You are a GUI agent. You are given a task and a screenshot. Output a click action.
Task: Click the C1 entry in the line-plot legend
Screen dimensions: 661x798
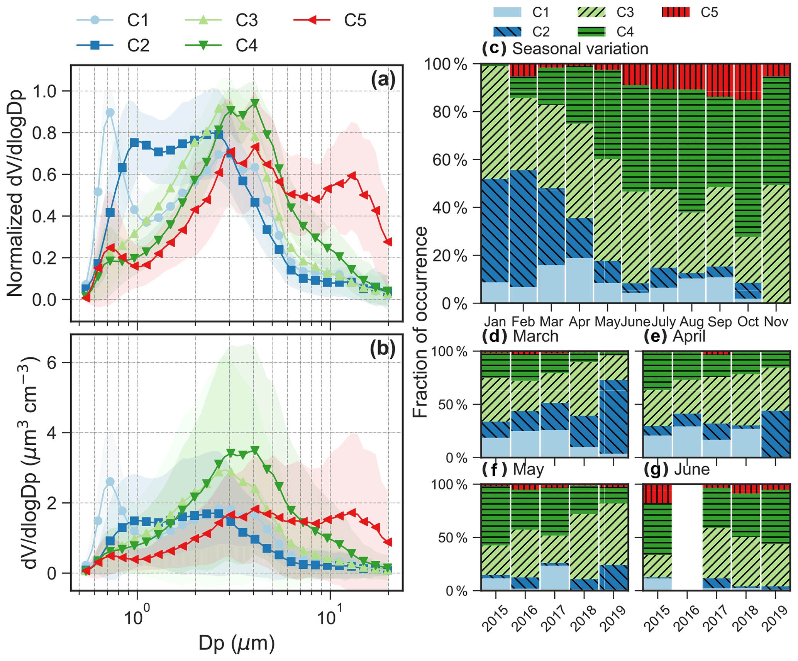tap(137, 20)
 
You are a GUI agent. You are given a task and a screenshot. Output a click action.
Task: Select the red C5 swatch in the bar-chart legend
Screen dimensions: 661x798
tap(675, 12)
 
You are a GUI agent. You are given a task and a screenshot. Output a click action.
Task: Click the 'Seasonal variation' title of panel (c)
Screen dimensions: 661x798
tap(580, 49)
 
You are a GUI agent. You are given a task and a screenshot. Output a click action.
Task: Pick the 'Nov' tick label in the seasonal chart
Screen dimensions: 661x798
tap(776, 322)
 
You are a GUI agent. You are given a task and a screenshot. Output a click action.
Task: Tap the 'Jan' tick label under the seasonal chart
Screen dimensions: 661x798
tap(495, 322)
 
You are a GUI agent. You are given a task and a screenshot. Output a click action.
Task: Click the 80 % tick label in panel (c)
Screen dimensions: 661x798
tap(449, 112)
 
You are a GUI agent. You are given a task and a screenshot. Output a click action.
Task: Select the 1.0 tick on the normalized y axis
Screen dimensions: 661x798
tap(45, 92)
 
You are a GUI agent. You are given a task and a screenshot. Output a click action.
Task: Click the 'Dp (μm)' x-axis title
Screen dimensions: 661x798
tap(236, 643)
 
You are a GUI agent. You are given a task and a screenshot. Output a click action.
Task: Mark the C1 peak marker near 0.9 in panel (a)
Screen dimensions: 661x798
tap(110, 112)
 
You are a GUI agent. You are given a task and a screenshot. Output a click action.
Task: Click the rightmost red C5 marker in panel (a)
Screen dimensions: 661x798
tap(388, 242)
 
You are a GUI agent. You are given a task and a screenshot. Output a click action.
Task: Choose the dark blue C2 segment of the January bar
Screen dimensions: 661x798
tap(495, 231)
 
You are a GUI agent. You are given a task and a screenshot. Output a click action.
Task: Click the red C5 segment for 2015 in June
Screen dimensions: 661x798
tap(658, 495)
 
